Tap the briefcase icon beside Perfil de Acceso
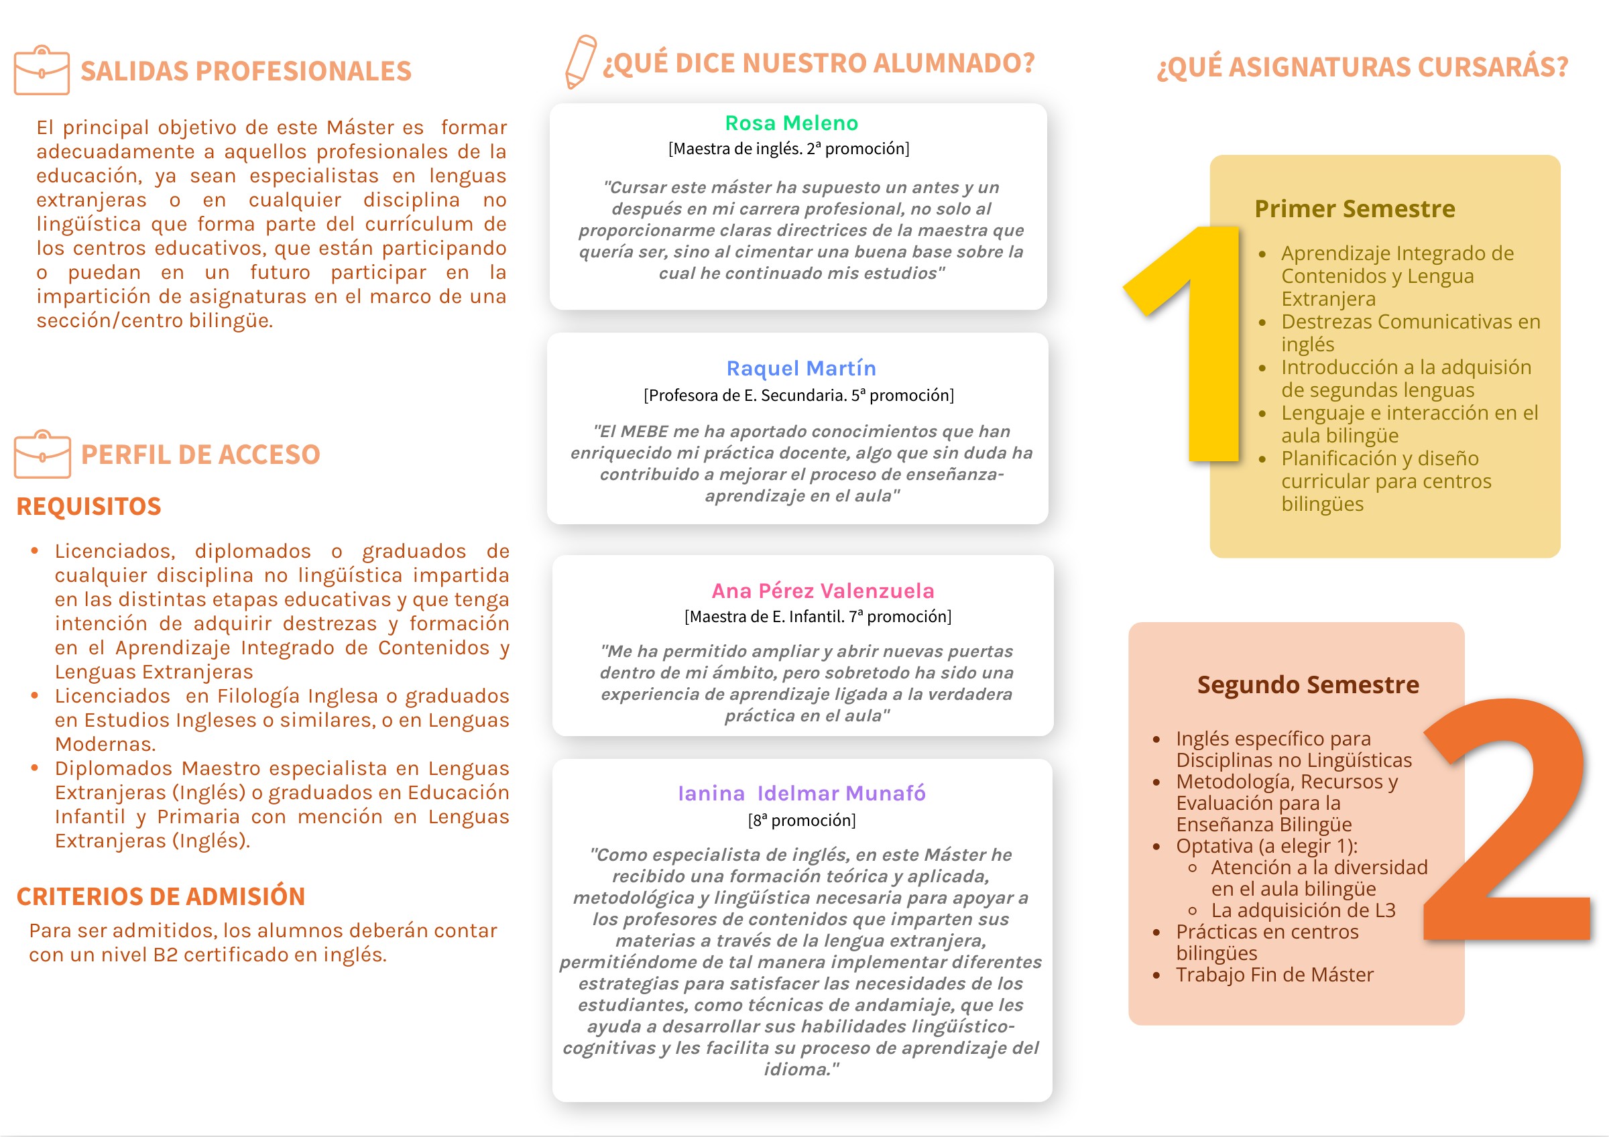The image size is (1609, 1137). point(42,454)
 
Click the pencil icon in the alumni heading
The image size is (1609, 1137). point(581,62)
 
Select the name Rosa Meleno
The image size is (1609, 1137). point(791,123)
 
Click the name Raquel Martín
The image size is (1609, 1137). point(801,369)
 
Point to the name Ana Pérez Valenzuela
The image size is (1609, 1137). point(823,591)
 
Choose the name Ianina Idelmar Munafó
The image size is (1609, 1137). point(802,793)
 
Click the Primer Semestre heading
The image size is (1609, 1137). point(1354,208)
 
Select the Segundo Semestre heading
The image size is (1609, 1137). point(1308,684)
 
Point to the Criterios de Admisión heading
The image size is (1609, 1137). point(160,897)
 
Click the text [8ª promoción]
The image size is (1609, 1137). point(802,821)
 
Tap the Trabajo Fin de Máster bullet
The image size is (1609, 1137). point(1274,975)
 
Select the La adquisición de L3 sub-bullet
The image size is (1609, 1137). point(1303,910)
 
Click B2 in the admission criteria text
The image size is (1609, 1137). point(166,955)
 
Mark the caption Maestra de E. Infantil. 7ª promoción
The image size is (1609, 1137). point(818,617)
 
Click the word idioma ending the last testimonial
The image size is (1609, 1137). point(797,1069)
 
